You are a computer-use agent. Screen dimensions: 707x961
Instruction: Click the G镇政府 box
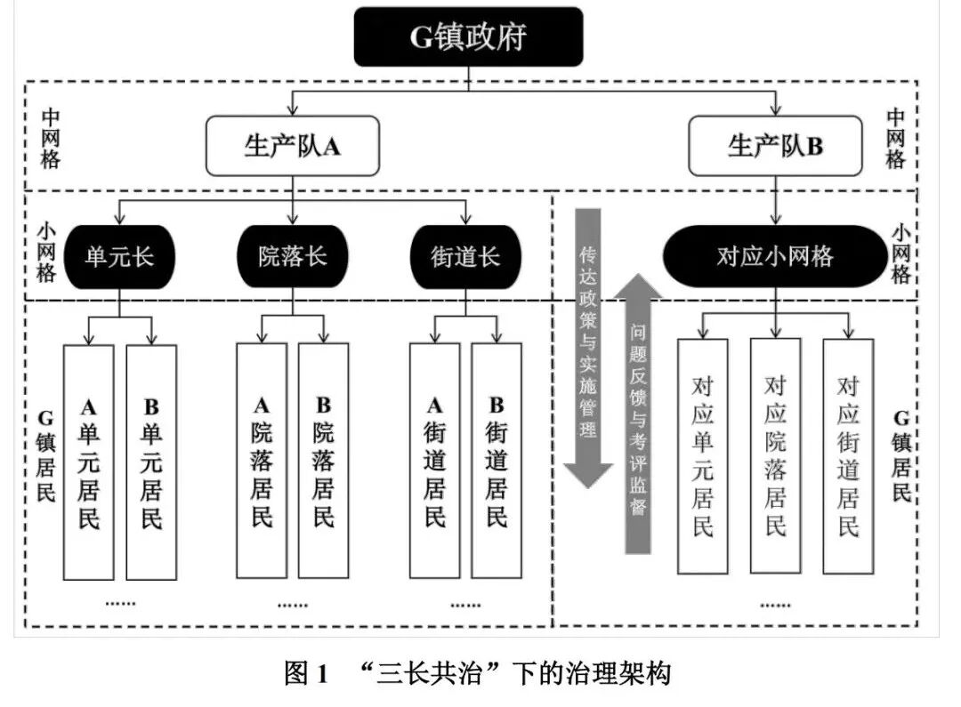468,36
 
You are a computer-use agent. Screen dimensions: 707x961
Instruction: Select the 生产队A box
293,146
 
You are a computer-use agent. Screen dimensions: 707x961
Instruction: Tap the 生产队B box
776,146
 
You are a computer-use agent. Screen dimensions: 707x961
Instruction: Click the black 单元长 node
119,257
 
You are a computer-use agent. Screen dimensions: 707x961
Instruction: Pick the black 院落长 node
293,257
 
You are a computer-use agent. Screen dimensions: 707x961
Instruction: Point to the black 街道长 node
465,257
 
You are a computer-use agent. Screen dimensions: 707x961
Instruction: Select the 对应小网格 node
775,257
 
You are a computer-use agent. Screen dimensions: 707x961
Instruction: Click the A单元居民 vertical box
89,461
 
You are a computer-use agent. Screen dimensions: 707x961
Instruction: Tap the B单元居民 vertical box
151,461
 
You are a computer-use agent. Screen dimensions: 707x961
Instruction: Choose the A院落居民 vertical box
262,461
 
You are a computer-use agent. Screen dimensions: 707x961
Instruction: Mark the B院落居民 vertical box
324,461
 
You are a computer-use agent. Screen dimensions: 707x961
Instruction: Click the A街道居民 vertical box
434,461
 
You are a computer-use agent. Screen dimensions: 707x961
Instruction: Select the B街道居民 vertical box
497,461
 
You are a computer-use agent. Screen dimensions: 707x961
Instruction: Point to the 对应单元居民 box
703,455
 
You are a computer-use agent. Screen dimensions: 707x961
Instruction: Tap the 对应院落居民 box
775,455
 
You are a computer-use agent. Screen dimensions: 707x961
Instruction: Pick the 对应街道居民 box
848,455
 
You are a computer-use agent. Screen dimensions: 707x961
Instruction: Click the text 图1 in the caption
307,673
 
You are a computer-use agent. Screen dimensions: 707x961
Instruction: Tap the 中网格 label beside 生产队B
895,138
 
